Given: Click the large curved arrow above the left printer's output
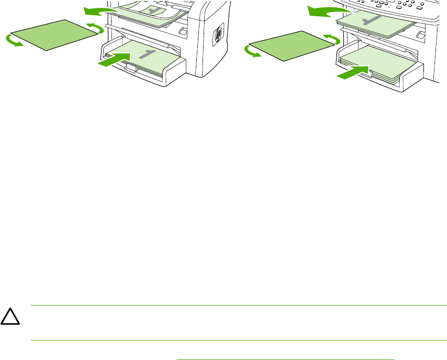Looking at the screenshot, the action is [x=99, y=10].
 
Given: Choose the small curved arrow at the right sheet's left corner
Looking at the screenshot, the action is [x=252, y=52].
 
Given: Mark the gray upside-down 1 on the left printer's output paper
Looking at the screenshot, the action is [x=153, y=10].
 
